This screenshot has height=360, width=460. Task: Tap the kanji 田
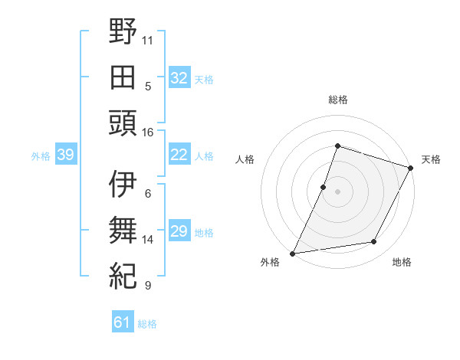(x=123, y=77)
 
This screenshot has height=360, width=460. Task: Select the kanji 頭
(x=123, y=123)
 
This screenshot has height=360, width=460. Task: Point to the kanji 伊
(x=123, y=185)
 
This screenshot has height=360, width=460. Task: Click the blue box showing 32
(x=179, y=77)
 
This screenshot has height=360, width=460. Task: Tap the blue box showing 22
(x=179, y=155)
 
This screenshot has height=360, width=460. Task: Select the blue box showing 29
(x=179, y=231)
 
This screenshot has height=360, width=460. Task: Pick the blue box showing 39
(x=65, y=155)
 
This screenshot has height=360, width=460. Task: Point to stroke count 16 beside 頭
(x=148, y=132)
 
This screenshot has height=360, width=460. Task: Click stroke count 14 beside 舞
(x=148, y=240)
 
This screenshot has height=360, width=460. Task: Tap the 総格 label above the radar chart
(x=337, y=100)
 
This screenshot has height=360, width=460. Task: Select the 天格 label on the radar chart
(x=432, y=159)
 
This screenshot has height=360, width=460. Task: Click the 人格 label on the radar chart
(x=245, y=159)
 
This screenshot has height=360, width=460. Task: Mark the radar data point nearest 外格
(x=293, y=253)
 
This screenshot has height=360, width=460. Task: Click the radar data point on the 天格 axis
(x=411, y=168)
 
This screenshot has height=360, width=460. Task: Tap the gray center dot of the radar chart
(x=337, y=191)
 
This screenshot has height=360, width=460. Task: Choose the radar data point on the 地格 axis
(x=374, y=242)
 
